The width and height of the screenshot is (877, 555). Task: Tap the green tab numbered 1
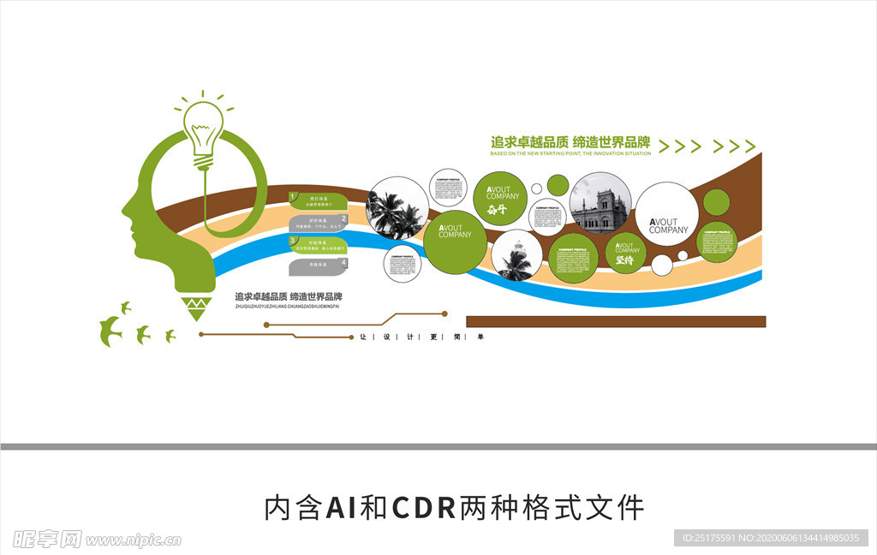pos(318,202)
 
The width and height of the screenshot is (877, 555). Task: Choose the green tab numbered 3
pos(318,246)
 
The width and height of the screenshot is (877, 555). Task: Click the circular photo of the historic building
pos(600,203)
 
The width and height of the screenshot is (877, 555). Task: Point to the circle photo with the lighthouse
pos(516,255)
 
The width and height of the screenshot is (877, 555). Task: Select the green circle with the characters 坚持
pos(626,253)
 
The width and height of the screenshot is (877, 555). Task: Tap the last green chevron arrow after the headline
pos(749,146)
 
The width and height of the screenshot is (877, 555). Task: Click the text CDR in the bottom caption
pos(424,508)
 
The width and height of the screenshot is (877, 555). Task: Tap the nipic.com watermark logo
pos(94,539)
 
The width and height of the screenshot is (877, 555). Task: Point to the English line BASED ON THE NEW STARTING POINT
pos(571,154)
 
